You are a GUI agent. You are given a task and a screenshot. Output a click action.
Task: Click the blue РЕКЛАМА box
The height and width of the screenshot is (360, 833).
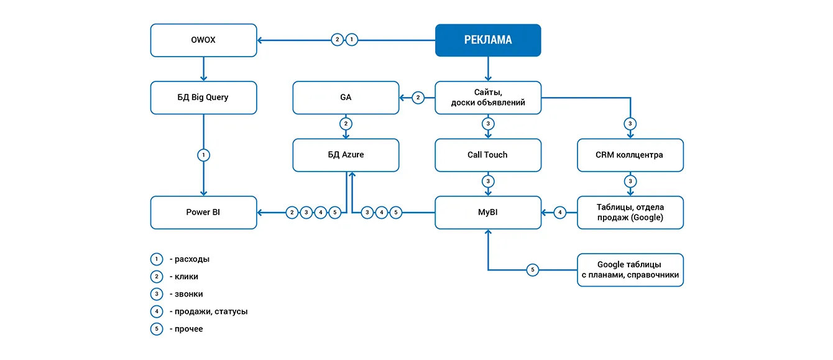(x=488, y=40)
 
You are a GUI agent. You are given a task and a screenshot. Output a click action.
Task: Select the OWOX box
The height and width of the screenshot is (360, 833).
(x=204, y=40)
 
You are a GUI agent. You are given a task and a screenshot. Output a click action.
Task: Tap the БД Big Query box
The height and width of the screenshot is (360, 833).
(x=204, y=98)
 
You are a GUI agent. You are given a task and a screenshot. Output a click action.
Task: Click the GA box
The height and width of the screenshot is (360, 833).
(x=346, y=98)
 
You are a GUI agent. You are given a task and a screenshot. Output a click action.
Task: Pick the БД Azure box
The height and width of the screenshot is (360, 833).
(x=346, y=155)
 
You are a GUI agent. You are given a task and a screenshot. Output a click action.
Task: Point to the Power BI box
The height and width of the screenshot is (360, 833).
(x=204, y=213)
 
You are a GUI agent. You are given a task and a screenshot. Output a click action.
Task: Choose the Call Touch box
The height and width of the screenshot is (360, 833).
(x=488, y=155)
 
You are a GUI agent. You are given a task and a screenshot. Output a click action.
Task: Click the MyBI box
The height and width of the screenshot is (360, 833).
(x=488, y=213)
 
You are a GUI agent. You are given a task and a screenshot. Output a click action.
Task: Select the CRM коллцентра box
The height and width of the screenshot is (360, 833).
(x=630, y=155)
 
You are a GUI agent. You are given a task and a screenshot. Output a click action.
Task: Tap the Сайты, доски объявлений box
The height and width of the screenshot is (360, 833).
(x=488, y=98)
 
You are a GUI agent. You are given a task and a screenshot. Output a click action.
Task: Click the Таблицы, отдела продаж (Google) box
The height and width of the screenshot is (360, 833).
(x=630, y=213)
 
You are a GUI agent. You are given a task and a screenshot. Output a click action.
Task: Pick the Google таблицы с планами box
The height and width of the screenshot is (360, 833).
(x=630, y=270)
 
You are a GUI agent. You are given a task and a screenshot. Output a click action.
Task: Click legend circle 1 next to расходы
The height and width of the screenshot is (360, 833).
(x=157, y=259)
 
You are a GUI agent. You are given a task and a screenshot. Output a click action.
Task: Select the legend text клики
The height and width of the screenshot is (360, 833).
(x=186, y=277)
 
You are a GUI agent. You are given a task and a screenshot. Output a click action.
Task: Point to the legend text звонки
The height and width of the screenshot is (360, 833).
(x=188, y=294)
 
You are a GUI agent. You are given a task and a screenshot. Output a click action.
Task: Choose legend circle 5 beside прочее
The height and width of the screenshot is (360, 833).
(x=157, y=329)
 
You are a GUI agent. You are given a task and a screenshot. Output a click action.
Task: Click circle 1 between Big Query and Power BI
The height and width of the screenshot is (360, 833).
(x=204, y=155)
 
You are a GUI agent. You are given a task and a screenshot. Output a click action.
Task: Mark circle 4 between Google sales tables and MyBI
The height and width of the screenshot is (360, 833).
(x=560, y=213)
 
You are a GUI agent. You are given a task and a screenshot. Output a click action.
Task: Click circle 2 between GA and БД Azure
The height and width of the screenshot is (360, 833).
(x=346, y=124)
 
